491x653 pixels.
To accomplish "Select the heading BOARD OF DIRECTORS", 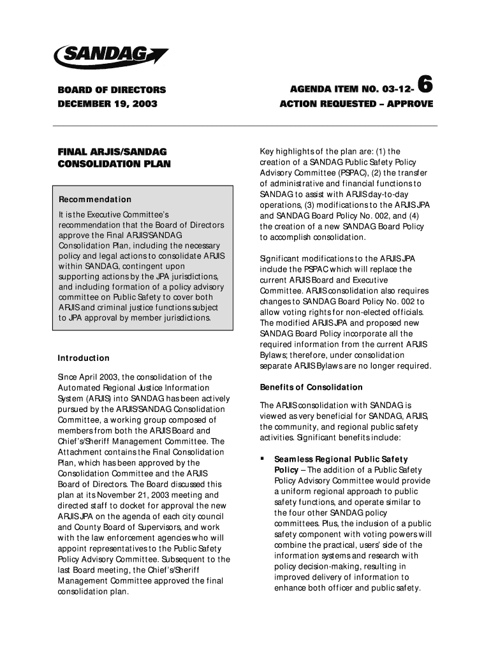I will tap(112, 90).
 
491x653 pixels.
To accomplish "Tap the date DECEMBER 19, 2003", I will tap(107, 103).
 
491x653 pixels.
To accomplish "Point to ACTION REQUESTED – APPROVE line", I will tap(356, 103).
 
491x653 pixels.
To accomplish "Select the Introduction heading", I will tap(84, 358).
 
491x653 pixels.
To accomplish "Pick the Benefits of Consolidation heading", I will tap(311, 387).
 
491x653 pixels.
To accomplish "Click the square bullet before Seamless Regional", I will tap(262, 459).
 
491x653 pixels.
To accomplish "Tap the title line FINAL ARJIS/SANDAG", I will tap(112, 151).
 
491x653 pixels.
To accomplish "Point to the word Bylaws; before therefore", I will tap(274, 355).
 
